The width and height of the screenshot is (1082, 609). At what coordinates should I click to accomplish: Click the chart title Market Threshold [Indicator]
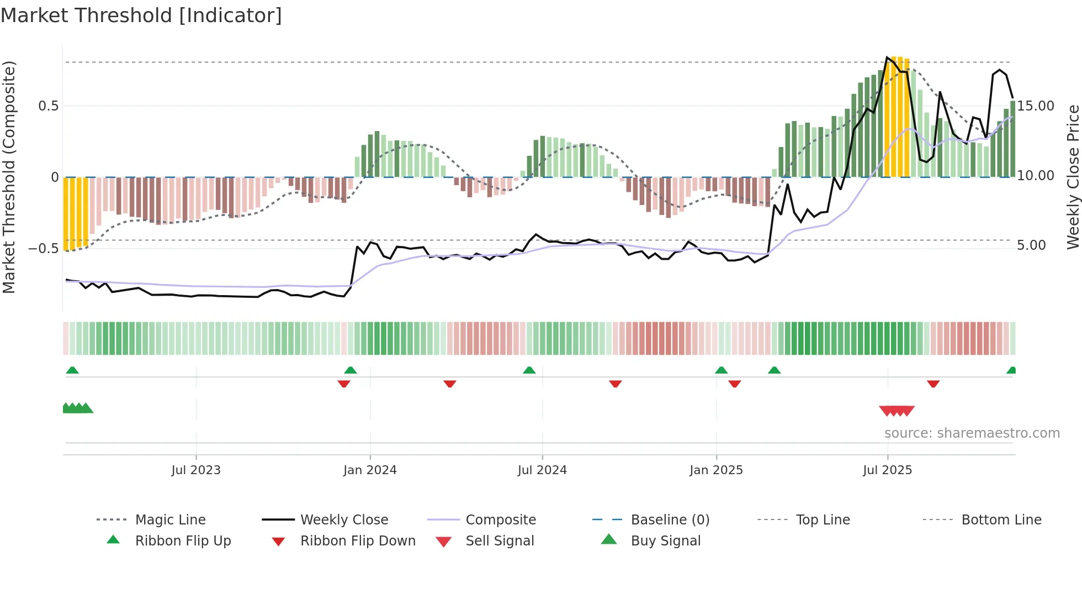pos(141,15)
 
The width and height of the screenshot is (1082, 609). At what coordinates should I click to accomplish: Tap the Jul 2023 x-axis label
pos(196,470)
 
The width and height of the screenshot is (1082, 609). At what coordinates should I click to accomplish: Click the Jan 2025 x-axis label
pos(716,470)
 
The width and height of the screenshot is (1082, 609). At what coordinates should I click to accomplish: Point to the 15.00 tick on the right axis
pos(1035,106)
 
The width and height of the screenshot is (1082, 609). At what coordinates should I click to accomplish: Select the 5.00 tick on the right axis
pos(1031,245)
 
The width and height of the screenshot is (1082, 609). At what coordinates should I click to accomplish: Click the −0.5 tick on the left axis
pos(44,248)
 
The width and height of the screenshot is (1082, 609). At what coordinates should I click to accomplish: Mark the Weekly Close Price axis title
pos(1073,177)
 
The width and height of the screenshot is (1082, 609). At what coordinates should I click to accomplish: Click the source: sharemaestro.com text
pos(972,433)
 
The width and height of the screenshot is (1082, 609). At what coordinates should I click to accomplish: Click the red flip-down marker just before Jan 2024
pos(344,384)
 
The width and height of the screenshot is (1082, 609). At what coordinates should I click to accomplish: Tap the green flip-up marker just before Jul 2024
pos(529,370)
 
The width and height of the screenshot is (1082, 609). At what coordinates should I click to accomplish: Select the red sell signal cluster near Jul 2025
pos(897,411)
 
